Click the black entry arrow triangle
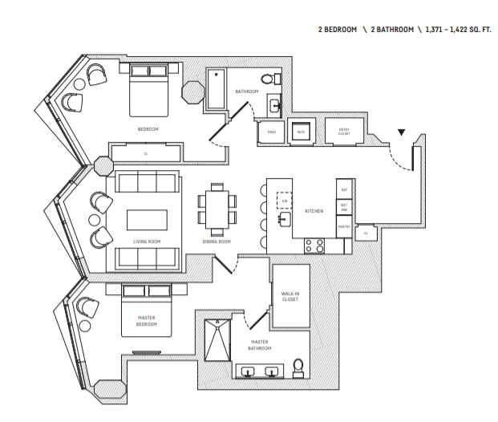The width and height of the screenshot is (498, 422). (402, 133)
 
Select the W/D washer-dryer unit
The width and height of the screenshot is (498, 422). (301, 132)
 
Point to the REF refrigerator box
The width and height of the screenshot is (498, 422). (344, 190)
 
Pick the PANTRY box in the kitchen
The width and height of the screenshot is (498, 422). (344, 227)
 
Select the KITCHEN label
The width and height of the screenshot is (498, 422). (314, 211)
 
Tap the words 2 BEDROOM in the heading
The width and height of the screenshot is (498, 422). (336, 30)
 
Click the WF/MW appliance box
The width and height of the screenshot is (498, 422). (344, 207)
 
